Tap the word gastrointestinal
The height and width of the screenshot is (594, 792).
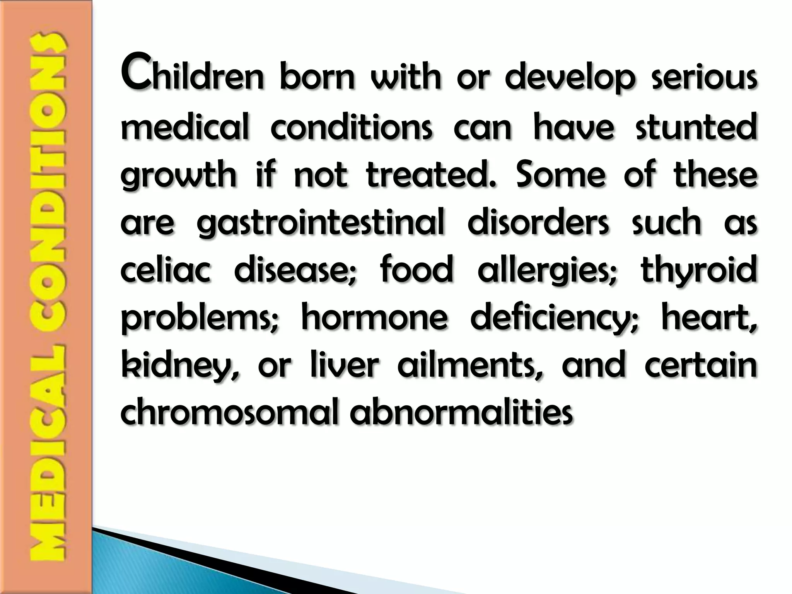tap(321, 223)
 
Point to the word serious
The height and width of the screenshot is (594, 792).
tap(704, 77)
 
